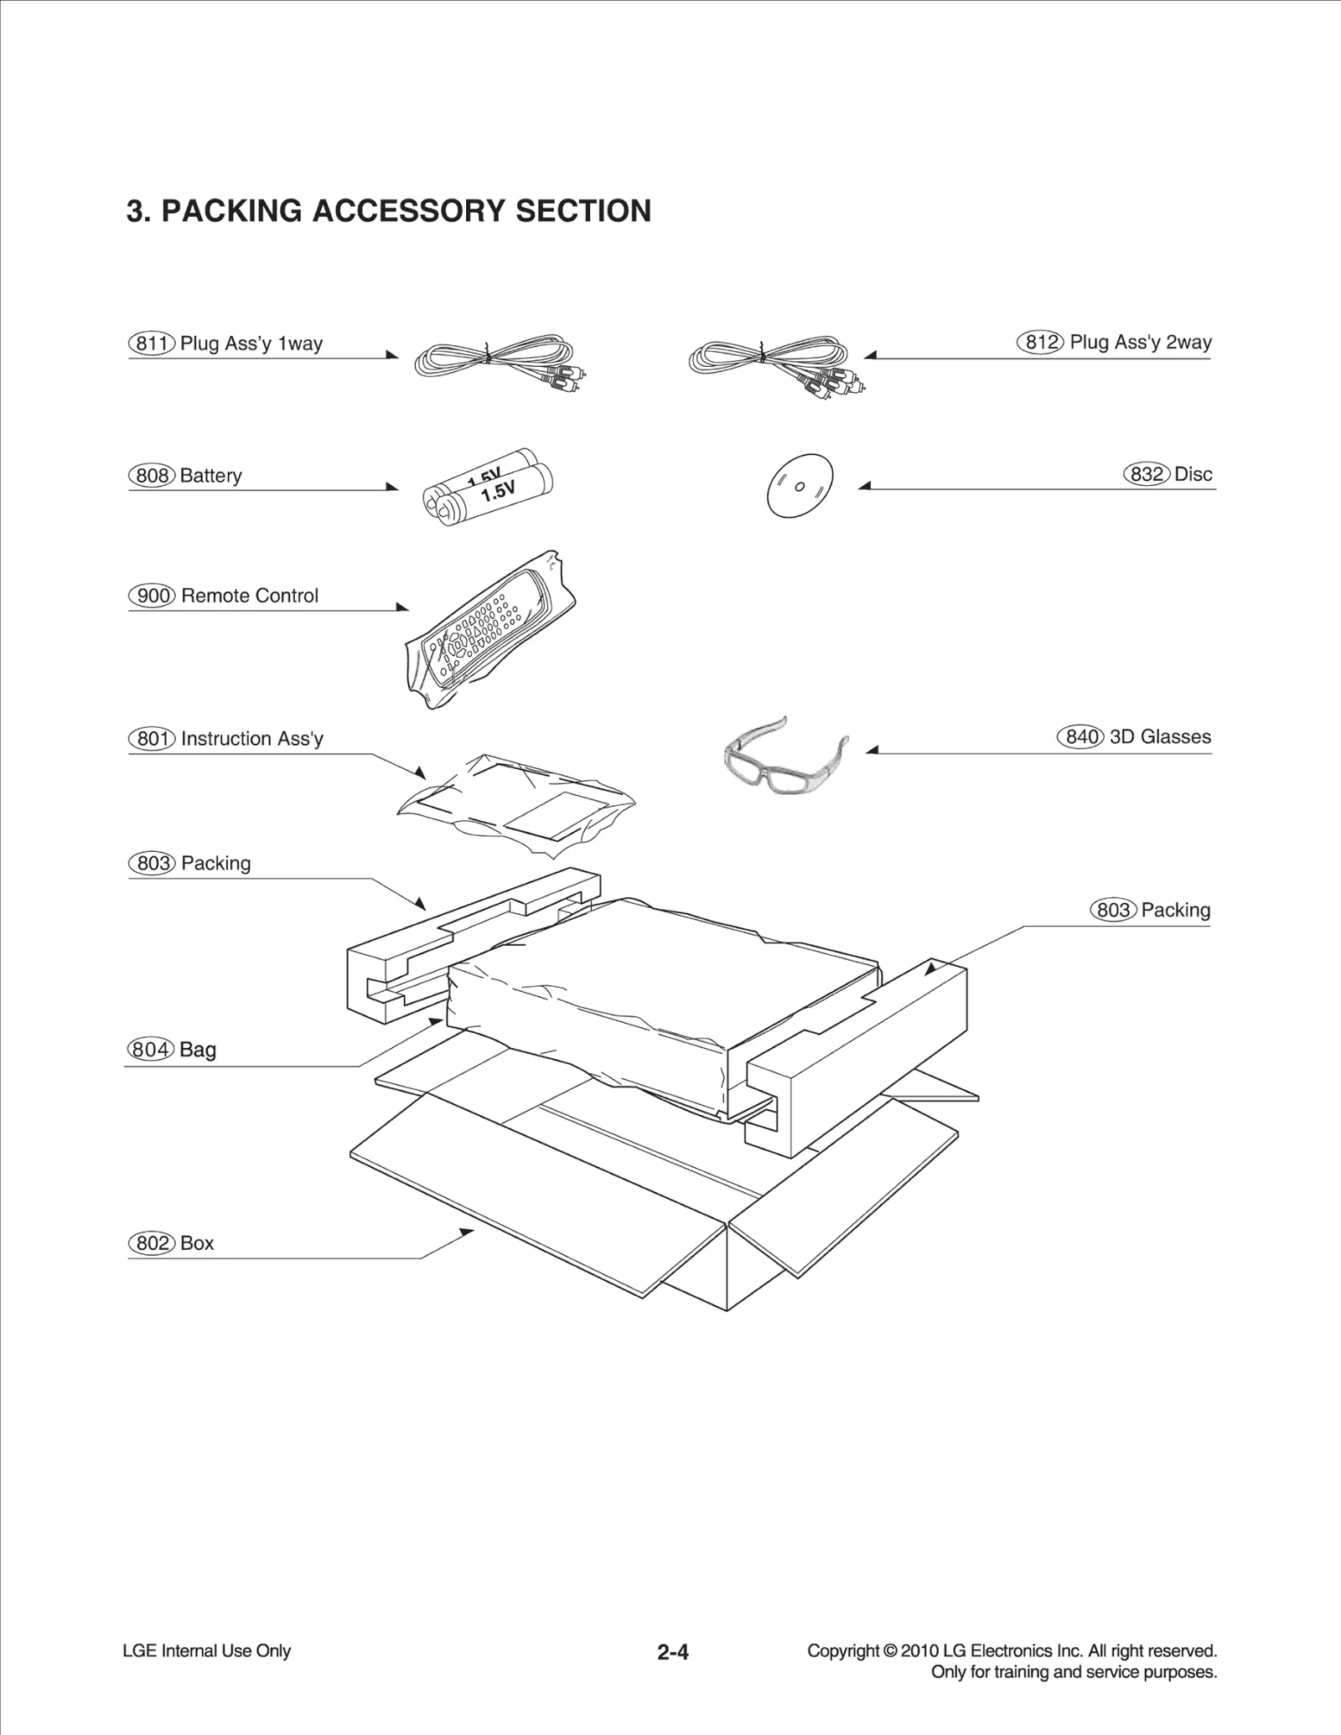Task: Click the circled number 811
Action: pyautogui.click(x=152, y=343)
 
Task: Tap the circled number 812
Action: pyautogui.click(x=1040, y=342)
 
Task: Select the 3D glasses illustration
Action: pyautogui.click(x=784, y=756)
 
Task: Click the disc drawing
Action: pyautogui.click(x=800, y=486)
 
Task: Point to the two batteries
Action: pyautogui.click(x=488, y=488)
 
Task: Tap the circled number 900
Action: pyautogui.click(x=152, y=596)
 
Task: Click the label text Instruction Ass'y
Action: pyautogui.click(x=251, y=739)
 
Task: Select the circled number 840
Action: pyautogui.click(x=1080, y=737)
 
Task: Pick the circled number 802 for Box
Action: pyautogui.click(x=152, y=1243)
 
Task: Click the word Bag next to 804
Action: pyautogui.click(x=198, y=1050)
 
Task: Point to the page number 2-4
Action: pyautogui.click(x=672, y=1652)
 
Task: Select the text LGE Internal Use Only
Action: pyautogui.click(x=206, y=1651)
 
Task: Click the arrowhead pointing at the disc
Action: pyautogui.click(x=865, y=486)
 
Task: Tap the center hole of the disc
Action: pyautogui.click(x=800, y=487)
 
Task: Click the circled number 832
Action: pyautogui.click(x=1146, y=474)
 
